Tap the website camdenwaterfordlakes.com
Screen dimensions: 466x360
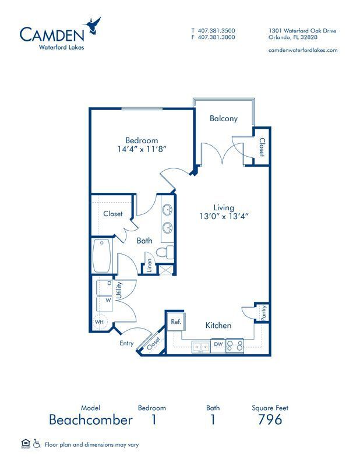[303, 50]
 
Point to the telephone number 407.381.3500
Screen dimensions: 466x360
[217, 31]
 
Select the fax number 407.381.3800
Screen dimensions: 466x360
[217, 37]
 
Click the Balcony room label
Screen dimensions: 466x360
[224, 118]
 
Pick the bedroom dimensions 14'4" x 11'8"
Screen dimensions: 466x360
[142, 149]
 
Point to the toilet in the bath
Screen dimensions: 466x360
[168, 252]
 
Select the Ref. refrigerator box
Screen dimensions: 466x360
[175, 322]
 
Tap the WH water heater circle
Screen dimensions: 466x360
[100, 322]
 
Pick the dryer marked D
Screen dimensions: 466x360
[108, 284]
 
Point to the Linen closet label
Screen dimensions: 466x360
[150, 265]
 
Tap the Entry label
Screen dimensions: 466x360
[126, 344]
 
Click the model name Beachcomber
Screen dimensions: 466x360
[90, 419]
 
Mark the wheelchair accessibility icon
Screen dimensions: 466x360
[36, 444]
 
